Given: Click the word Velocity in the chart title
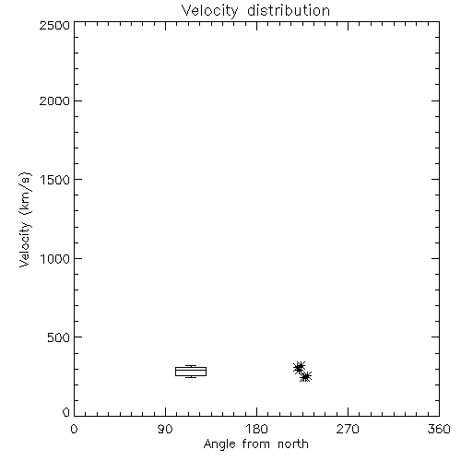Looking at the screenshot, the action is tap(210, 11).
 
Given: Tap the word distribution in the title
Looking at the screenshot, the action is tap(289, 10).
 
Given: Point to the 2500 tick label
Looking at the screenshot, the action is tap(54, 25).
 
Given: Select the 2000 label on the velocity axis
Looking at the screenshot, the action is tap(54, 101).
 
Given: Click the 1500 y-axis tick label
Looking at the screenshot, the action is tap(55, 180).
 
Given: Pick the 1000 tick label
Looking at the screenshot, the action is tap(55, 259).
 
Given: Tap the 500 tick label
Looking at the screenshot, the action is tap(59, 337).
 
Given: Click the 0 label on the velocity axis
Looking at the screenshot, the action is tap(66, 412).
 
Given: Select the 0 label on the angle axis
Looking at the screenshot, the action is tap(74, 429).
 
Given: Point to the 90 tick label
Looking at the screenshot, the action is tap(165, 429).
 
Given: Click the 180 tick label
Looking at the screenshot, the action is tap(256, 429).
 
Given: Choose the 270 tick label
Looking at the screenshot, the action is tap(348, 429).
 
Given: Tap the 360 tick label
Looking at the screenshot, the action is tap(439, 429).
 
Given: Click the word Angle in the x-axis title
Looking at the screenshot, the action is tap(219, 445).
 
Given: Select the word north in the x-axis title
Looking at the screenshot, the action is tap(293, 444).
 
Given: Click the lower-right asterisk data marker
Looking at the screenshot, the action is tap(306, 376).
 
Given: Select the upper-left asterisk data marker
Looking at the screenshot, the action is tap(299, 367).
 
